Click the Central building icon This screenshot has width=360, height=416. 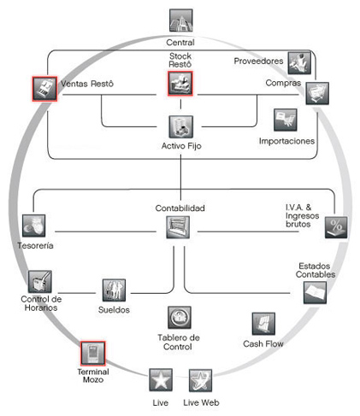tap(181, 21)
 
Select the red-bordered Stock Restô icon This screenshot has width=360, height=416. tap(180, 84)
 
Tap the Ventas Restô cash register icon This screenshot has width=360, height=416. tap(44, 89)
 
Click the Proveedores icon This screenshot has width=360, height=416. tap(299, 63)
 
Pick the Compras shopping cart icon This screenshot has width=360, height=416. tap(317, 93)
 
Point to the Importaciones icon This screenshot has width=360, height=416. tap(286, 120)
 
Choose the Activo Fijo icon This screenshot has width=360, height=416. tap(181, 126)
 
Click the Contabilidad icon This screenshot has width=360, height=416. tap(178, 227)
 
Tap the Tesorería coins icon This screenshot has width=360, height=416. tap(34, 226)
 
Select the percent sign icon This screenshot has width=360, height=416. tap(336, 227)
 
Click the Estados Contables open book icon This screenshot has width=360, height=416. tap(315, 293)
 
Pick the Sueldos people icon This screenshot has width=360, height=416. tap(114, 290)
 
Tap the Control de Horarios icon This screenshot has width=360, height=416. tap(40, 282)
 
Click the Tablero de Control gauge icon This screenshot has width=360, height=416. tap(180, 318)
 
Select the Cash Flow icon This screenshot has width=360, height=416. tap(263, 324)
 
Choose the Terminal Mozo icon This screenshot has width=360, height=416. tap(92, 354)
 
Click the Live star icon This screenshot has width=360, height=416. tap(161, 380)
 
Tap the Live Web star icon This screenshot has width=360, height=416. tap(200, 380)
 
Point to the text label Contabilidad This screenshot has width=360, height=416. tap(180, 208)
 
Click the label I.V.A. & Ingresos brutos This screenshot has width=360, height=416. tap(302, 215)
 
